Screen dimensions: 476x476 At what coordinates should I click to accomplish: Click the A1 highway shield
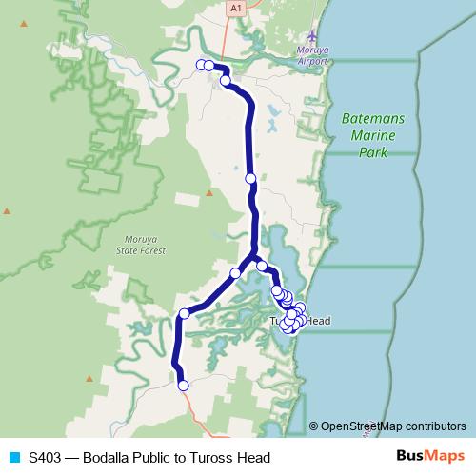(234, 7)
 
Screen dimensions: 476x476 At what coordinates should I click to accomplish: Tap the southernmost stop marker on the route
(184, 386)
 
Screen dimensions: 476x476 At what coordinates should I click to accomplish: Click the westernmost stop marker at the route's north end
(202, 65)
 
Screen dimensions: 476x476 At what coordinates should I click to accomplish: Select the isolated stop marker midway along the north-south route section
(250, 178)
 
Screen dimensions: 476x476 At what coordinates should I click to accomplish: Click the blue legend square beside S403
(13, 457)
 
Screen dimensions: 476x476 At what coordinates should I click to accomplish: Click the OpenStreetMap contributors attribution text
(392, 426)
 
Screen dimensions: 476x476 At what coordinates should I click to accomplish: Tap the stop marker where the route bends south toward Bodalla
(185, 314)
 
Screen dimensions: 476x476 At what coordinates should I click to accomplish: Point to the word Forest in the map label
(152, 250)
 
